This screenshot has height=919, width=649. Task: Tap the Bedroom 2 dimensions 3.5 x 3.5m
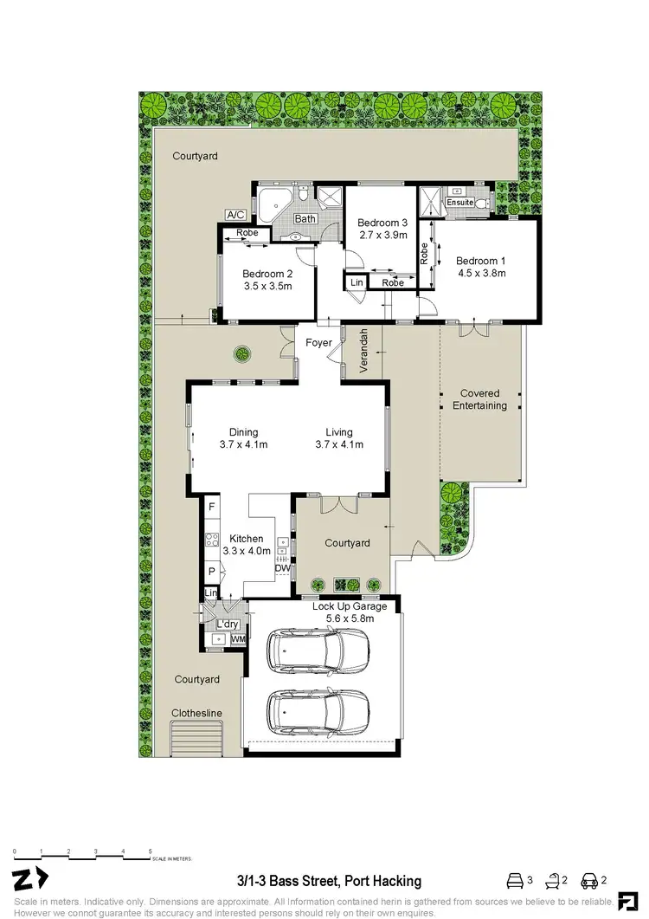click(x=267, y=286)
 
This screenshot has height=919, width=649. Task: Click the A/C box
click(x=235, y=214)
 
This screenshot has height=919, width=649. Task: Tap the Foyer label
click(x=319, y=343)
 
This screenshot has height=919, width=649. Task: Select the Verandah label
click(x=365, y=351)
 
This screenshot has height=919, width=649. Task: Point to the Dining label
click(x=243, y=433)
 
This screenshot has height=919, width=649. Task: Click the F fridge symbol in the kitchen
click(x=210, y=506)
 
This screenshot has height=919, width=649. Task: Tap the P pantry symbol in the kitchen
click(x=210, y=572)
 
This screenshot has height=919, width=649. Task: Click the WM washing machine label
click(x=237, y=638)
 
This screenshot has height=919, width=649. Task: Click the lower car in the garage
click(x=318, y=710)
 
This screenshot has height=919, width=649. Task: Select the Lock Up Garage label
click(x=349, y=606)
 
